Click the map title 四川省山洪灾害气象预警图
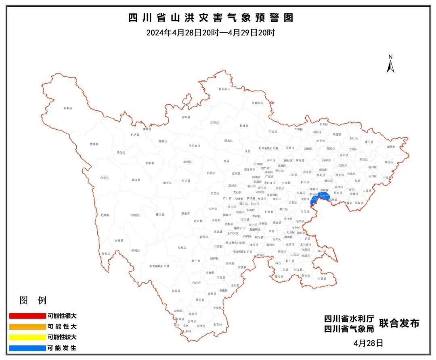tap(210, 18)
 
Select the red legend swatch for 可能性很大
tap(27, 316)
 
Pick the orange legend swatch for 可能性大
tap(27, 326)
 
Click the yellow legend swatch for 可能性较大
tap(27, 337)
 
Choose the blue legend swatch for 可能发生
tap(27, 347)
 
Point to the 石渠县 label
tap(68, 108)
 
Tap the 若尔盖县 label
tap(224, 89)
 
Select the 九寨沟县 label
tap(257, 103)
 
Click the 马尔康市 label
tap(195, 145)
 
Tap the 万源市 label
tap(391, 147)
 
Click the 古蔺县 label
tap(322, 279)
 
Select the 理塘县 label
tap(135, 215)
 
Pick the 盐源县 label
tap(176, 291)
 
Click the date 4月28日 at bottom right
tap(368, 343)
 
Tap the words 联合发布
tap(399, 323)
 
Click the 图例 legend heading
tap(33, 301)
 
